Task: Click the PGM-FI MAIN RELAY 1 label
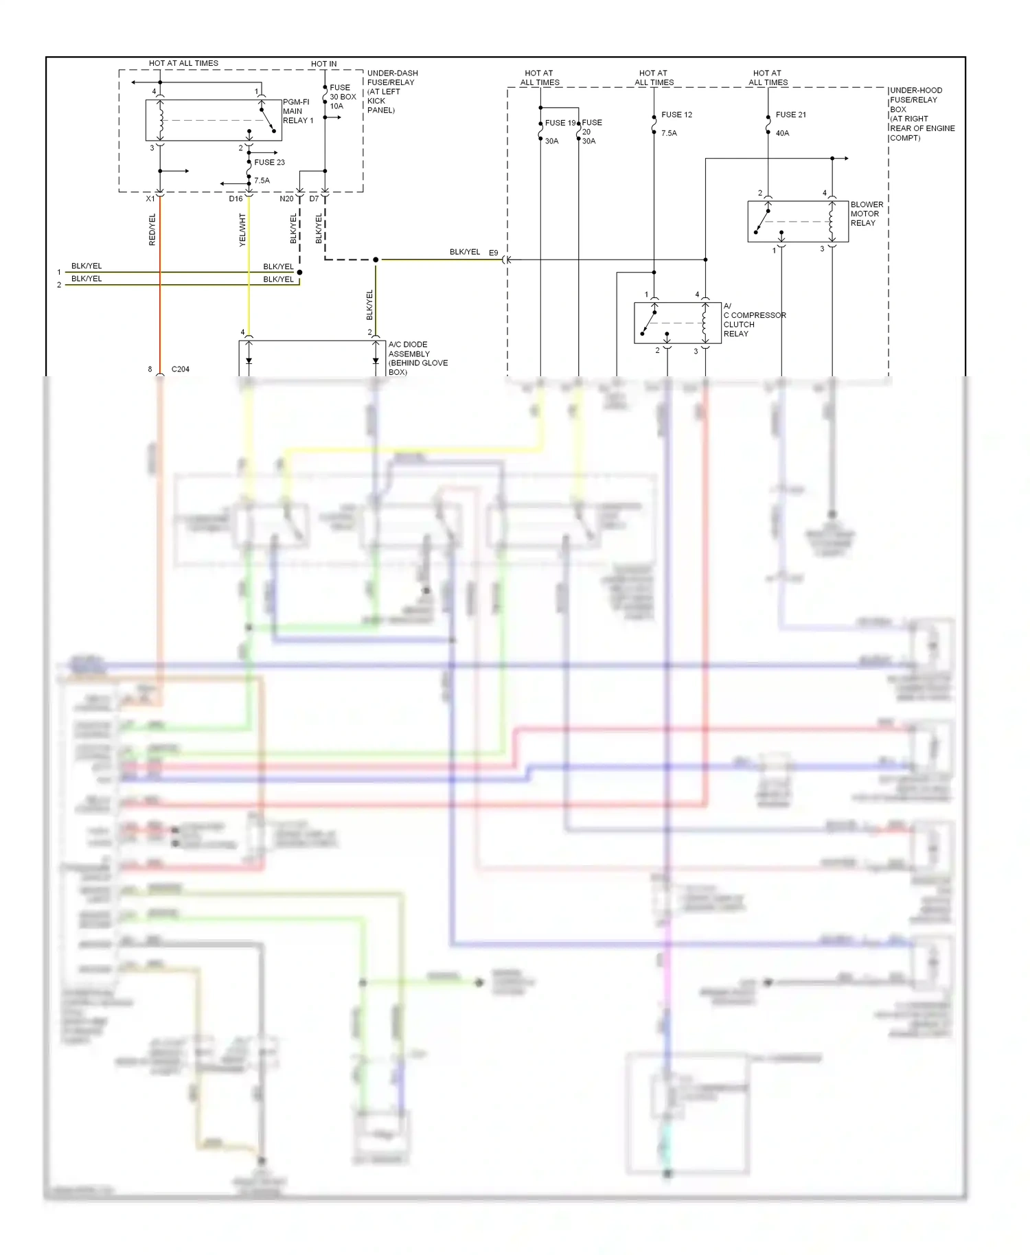[x=297, y=111]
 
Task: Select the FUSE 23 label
[x=269, y=163]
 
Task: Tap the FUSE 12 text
[x=676, y=115]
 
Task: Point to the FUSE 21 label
[x=790, y=115]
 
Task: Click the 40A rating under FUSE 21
[x=782, y=133]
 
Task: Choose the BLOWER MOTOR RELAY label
[x=867, y=214]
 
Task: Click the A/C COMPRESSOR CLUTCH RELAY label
[x=753, y=320]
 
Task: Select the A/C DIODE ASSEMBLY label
[x=417, y=358]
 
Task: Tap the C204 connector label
[x=180, y=369]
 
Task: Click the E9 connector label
[x=493, y=253]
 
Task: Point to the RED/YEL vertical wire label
[x=152, y=230]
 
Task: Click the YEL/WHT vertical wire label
[x=242, y=230]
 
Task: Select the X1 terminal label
[x=150, y=199]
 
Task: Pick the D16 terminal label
[x=236, y=199]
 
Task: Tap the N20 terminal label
[x=286, y=199]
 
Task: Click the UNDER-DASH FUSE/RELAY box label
[x=391, y=91]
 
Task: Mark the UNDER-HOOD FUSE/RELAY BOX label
[x=921, y=114]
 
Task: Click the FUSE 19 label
[x=560, y=123]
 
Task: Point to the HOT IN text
[x=323, y=64]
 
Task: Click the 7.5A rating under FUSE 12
[x=669, y=133]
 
